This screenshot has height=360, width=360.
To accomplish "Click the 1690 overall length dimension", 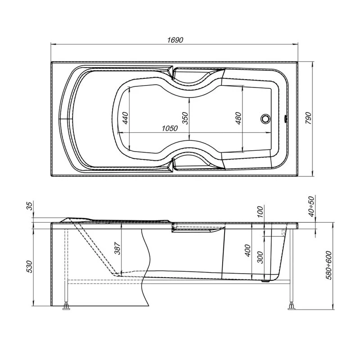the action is pos(175,40).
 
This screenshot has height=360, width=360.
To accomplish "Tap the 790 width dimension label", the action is pos(308,118).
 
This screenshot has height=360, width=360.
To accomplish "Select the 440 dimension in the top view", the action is pos(126,118).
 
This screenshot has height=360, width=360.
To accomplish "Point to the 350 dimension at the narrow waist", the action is pos(185,118).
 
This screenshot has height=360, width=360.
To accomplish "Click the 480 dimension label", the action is pos(239,118).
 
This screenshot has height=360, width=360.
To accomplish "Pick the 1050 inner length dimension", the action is pos(170,128).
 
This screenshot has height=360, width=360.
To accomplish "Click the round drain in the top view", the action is pos(265,118).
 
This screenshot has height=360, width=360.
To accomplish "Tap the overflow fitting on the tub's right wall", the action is pos(286,119).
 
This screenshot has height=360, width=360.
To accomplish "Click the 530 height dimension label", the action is pos(30,266).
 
